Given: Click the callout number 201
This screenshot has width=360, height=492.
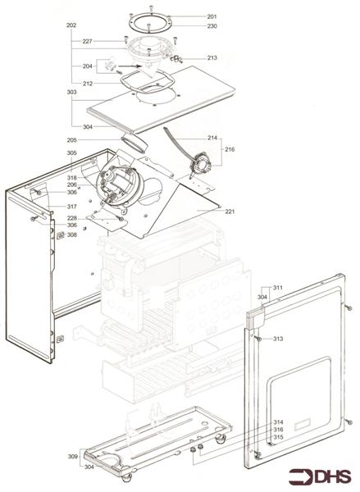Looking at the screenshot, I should [212, 17].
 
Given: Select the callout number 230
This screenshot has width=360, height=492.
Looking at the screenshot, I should [212, 26].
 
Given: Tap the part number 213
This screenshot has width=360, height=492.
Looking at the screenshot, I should [212, 58].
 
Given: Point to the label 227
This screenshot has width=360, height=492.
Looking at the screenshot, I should [87, 41].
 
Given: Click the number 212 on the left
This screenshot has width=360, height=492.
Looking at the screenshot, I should [87, 83].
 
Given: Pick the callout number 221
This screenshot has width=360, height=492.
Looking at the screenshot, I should [230, 212].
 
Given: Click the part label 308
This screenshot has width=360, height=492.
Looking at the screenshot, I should [71, 235].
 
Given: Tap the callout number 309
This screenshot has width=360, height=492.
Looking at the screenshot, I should [71, 455].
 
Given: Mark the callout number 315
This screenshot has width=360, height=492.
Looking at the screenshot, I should [278, 437].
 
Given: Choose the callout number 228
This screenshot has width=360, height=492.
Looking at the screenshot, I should [71, 217].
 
